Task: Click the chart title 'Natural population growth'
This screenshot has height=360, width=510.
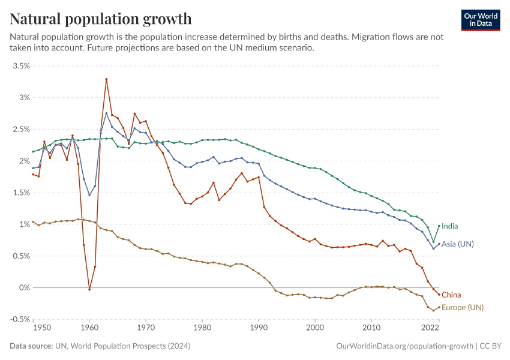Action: (x=101, y=19)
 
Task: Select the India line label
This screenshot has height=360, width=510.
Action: (x=450, y=226)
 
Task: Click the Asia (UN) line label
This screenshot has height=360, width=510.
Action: (x=458, y=244)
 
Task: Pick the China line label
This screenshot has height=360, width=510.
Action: (x=451, y=295)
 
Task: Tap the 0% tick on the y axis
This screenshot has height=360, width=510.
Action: (x=24, y=288)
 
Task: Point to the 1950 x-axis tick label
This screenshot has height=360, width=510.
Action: (x=41, y=328)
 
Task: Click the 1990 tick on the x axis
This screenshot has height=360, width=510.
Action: (x=259, y=328)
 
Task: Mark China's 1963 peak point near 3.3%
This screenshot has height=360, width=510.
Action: (x=106, y=79)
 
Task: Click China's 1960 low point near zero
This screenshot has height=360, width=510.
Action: (x=89, y=289)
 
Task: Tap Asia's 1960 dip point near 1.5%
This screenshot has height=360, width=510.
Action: (x=89, y=194)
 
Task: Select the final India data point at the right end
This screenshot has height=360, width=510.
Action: (x=439, y=226)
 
